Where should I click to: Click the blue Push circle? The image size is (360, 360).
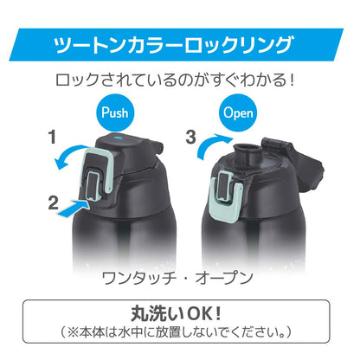(x=114, y=112)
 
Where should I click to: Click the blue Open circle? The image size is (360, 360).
(x=238, y=112)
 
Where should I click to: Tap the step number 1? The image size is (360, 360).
(x=52, y=138)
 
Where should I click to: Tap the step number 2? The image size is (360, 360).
(x=54, y=203)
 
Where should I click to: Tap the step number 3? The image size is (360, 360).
(x=191, y=138)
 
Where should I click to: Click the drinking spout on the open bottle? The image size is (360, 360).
(x=246, y=152)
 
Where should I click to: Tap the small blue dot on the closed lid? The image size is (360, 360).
(x=119, y=138)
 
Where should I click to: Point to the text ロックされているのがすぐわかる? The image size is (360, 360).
(x=175, y=80)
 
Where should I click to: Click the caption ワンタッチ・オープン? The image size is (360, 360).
(x=177, y=279)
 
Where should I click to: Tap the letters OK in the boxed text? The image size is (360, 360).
(x=200, y=314)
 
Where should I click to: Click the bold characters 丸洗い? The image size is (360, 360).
(x=158, y=314)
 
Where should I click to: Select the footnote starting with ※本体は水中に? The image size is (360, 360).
(x=176, y=333)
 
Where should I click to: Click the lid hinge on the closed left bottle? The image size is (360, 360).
(x=154, y=145)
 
